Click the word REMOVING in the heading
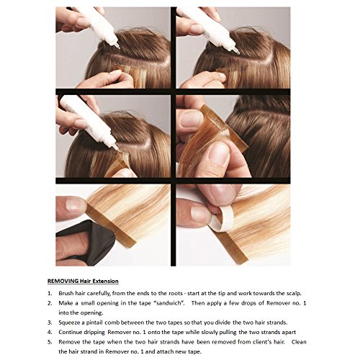[x=63, y=281]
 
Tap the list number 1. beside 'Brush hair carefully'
[x=50, y=293]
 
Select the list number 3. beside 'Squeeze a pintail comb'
[x=50, y=323]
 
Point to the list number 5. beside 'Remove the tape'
[x=50, y=342]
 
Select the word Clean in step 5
[x=299, y=342]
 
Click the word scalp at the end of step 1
[x=294, y=293]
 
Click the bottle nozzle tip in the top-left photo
[x=119, y=48]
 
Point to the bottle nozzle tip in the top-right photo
[x=238, y=53]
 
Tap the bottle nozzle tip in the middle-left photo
[x=117, y=148]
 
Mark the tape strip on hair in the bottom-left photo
[x=110, y=225]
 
